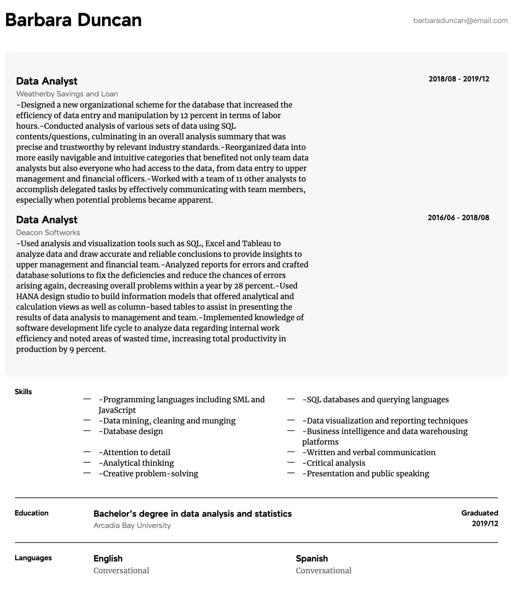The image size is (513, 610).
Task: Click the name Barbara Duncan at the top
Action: (x=73, y=20)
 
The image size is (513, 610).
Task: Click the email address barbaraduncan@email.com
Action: (x=460, y=21)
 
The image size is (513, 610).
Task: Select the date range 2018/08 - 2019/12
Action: (x=459, y=79)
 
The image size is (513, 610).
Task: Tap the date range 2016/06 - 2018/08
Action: (x=458, y=218)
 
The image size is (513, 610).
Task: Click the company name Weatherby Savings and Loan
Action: (x=67, y=94)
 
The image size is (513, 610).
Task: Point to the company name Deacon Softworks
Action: (x=48, y=233)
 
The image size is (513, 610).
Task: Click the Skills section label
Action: (x=23, y=392)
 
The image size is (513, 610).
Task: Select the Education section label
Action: (x=31, y=513)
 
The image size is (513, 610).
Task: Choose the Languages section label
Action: (x=33, y=558)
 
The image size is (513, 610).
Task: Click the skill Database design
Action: (x=131, y=432)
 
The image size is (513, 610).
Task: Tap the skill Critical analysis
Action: (x=334, y=463)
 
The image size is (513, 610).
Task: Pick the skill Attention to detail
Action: (x=135, y=453)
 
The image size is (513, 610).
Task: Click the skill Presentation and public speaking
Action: (x=366, y=474)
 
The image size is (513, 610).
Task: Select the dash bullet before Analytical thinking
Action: (x=87, y=463)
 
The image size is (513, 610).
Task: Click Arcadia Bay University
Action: (x=132, y=525)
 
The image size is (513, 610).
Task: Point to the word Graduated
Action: (x=479, y=513)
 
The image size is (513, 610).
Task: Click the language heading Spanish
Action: (x=312, y=558)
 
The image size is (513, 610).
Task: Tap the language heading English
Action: (x=108, y=558)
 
